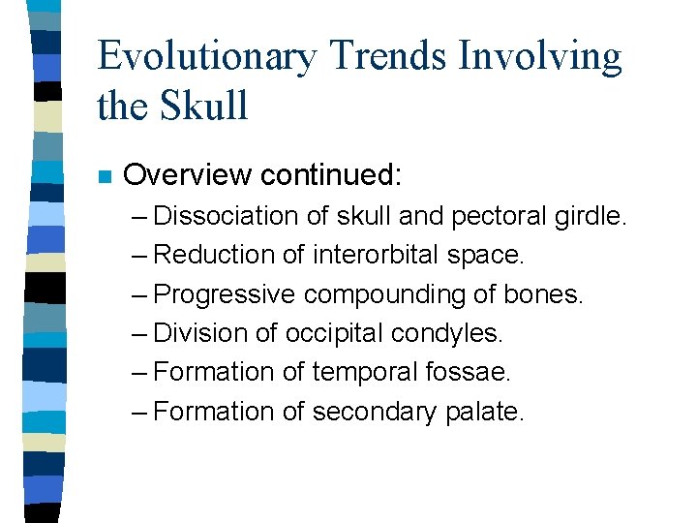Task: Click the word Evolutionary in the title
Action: [x=207, y=58]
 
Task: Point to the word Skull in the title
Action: [x=205, y=105]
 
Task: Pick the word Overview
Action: [x=189, y=175]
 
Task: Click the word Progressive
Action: [x=225, y=294]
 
